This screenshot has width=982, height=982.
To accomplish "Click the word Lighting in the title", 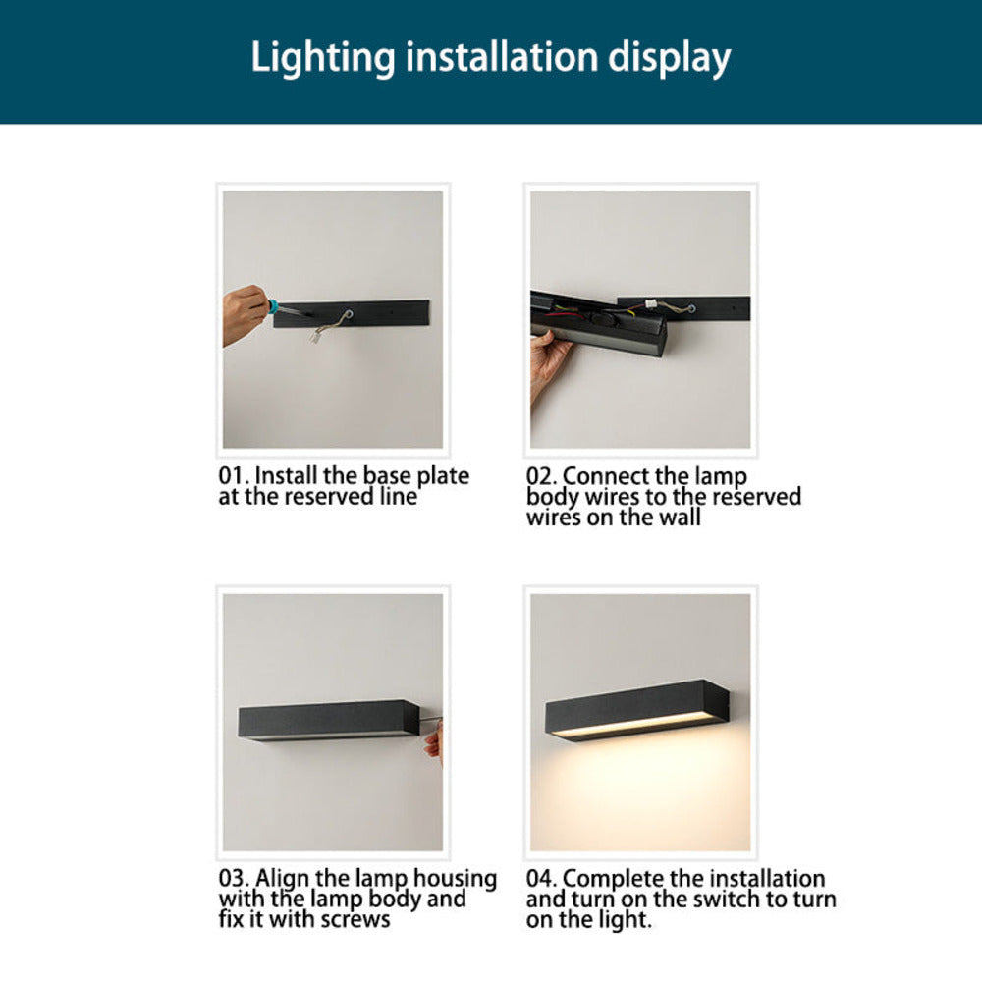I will tap(315, 58).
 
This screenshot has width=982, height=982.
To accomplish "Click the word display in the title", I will tap(667, 58).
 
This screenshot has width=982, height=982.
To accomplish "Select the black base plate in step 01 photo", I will tap(383, 312).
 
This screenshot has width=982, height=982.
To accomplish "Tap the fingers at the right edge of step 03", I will tap(433, 740).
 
